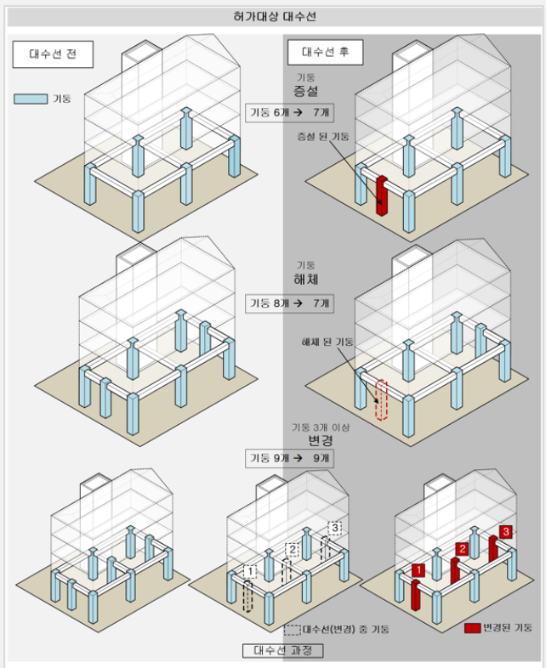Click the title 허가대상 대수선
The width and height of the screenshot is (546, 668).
point(275,17)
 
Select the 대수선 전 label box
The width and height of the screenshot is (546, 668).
point(53,54)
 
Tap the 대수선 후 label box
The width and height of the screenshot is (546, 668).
point(325,53)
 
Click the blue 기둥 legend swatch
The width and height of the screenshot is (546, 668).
point(31,99)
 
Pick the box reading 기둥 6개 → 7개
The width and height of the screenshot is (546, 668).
point(289,113)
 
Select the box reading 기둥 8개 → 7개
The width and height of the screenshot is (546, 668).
point(289,303)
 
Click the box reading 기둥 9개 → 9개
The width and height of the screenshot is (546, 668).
point(289,458)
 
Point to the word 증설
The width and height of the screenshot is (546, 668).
point(305,91)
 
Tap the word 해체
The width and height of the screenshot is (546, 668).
point(305,280)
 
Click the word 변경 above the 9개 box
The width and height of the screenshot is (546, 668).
point(320,440)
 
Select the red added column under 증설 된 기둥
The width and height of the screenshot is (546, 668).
point(382,196)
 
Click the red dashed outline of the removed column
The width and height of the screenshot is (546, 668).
point(381,400)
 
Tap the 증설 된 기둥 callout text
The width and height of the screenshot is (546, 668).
point(323,136)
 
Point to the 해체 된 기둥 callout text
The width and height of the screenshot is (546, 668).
point(327,342)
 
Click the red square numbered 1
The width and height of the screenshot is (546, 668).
point(418,570)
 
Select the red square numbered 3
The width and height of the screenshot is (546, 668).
point(506,532)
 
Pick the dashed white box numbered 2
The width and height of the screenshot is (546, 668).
point(293,550)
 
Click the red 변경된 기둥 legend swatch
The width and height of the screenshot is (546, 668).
point(472,628)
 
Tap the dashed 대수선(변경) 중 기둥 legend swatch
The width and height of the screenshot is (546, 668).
point(293,630)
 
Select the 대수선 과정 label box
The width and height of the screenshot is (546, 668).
point(282,650)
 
